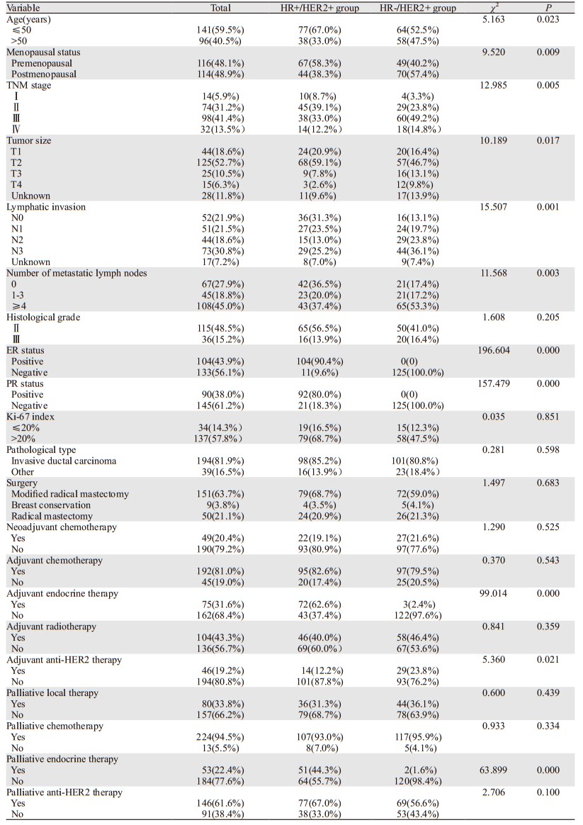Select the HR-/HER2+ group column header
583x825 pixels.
(417, 9)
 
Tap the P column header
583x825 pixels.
(548, 8)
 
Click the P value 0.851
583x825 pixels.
(548, 417)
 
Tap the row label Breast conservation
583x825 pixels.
(51, 505)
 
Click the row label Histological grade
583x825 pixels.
(43, 317)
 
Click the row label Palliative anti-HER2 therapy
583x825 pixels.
(64, 792)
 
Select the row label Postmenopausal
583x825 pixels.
(44, 74)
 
